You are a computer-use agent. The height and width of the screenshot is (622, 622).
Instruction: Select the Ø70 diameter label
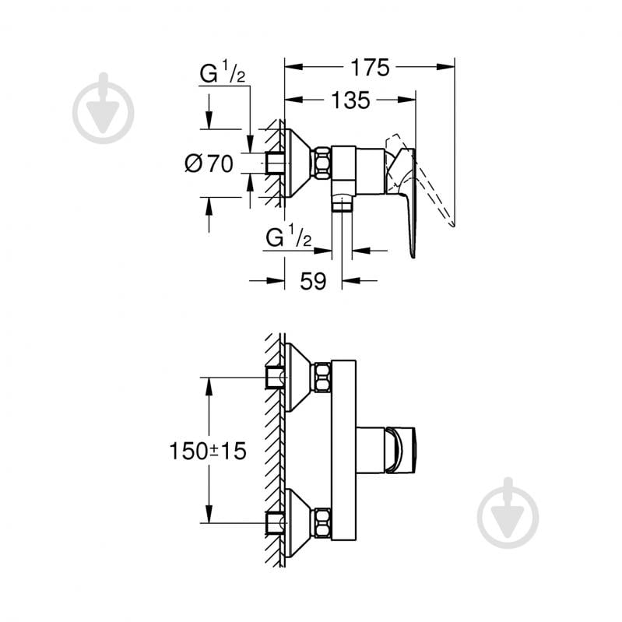point(209,163)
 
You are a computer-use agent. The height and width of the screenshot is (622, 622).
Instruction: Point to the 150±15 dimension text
point(208,450)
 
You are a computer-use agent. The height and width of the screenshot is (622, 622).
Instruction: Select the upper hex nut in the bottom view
point(321,378)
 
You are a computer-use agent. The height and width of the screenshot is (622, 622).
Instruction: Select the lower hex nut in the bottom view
point(321,522)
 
